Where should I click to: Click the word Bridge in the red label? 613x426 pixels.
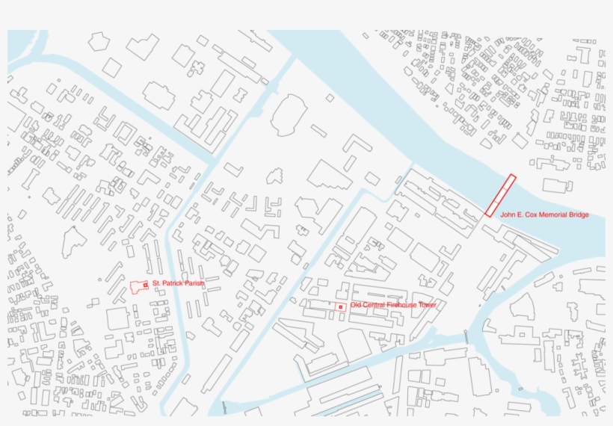click(579, 215)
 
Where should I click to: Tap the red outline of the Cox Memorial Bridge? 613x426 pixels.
click(501, 195)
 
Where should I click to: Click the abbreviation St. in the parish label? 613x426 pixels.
click(156, 284)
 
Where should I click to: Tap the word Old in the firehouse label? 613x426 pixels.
click(355, 305)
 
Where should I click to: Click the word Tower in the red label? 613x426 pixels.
click(427, 305)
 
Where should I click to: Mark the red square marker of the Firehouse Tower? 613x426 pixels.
click(340, 307)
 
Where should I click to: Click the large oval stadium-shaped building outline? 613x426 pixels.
click(289, 116)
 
